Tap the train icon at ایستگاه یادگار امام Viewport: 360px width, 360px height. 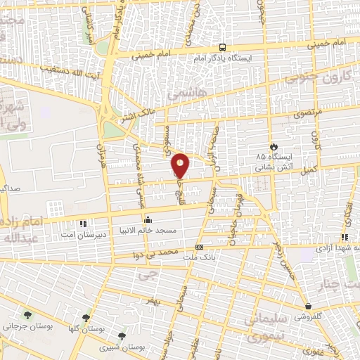[x=222, y=47]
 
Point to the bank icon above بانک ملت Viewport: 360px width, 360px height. [x=200, y=247]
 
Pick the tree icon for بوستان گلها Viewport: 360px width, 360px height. [x=86, y=318]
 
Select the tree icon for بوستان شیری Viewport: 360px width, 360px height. [x=123, y=336]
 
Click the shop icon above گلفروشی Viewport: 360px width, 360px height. [x=308, y=307]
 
